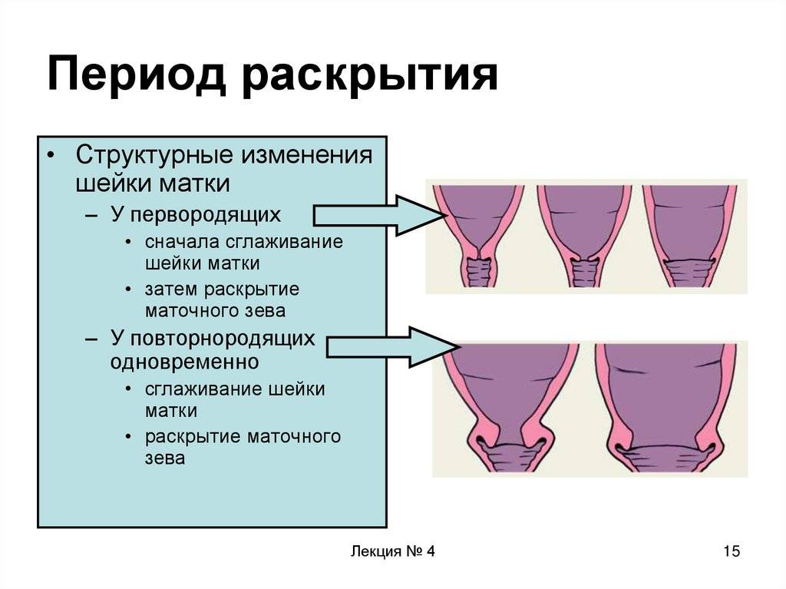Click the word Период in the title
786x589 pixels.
point(135,76)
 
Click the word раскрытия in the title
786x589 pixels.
point(370,76)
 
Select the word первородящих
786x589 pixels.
point(206,215)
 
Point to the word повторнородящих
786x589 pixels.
point(223,339)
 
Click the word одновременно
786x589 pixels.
point(184,362)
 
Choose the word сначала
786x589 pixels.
point(183,243)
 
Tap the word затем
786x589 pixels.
point(171,290)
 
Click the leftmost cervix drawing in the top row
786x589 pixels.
point(479,236)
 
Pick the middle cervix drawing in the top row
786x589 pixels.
point(584,236)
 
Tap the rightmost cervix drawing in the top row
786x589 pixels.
point(690,236)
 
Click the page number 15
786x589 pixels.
point(732,551)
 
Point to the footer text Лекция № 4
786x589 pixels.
point(392,551)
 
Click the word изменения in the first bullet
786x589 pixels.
point(308,156)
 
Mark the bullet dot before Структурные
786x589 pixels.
point(50,155)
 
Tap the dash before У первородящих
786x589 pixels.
point(91,215)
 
